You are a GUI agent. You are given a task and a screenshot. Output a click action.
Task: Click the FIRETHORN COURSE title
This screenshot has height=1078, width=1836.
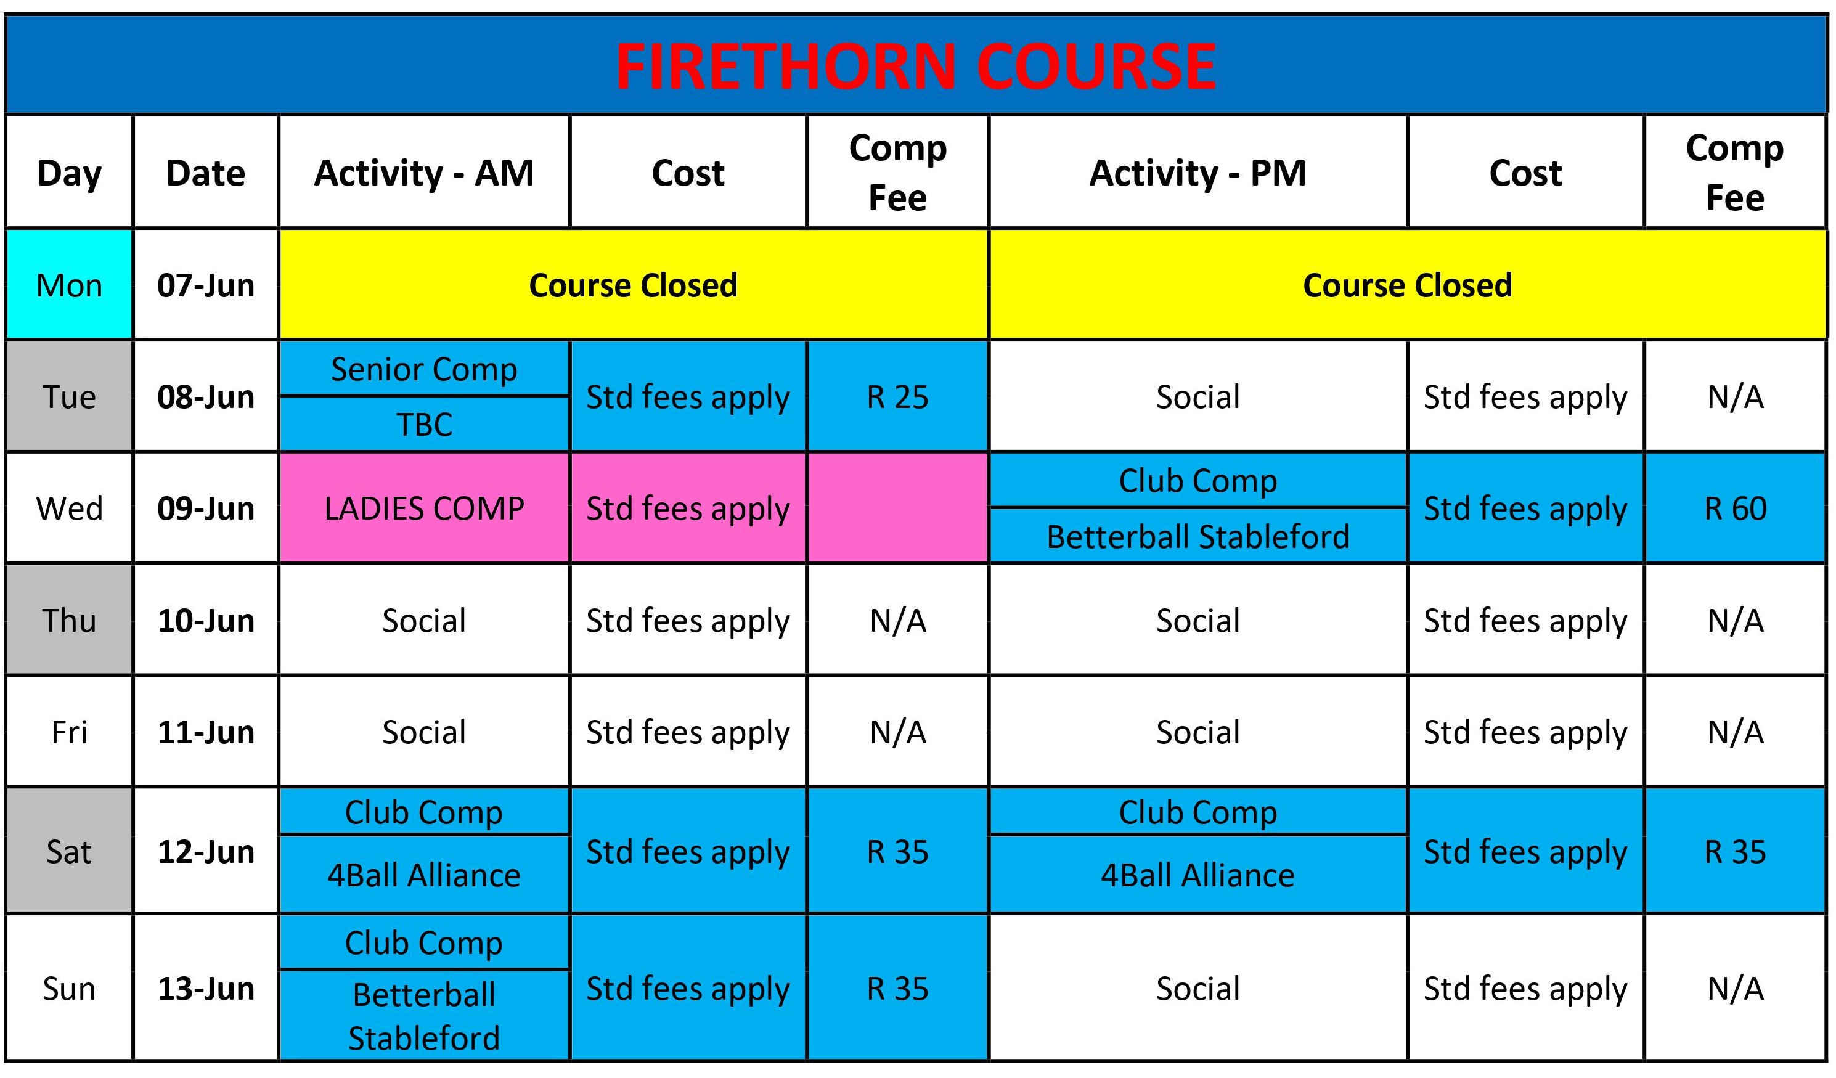pyautogui.click(x=916, y=67)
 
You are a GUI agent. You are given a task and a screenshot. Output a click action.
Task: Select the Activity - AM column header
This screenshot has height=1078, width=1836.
pyautogui.click(x=424, y=173)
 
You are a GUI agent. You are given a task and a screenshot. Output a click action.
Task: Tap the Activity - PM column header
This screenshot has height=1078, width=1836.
pyautogui.click(x=1197, y=173)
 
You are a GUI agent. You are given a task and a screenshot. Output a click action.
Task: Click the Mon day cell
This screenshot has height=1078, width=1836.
pyautogui.click(x=69, y=285)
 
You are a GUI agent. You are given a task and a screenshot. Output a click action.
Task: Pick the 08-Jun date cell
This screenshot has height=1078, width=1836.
pyautogui.click(x=206, y=397)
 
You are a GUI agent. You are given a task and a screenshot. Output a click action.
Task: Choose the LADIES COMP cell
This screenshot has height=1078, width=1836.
pyautogui.click(x=424, y=508)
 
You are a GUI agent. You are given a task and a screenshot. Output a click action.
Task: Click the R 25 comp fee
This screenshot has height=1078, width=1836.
pyautogui.click(x=897, y=397)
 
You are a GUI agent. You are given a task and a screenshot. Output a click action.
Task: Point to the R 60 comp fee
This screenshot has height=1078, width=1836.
pyautogui.click(x=1735, y=508)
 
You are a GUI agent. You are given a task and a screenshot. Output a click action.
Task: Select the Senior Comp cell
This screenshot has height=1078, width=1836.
pyautogui.click(x=424, y=369)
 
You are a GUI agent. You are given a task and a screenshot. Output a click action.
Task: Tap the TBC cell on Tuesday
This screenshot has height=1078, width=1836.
pyautogui.click(x=424, y=424)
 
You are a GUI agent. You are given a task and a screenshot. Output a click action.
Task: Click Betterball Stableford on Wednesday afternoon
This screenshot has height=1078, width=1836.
pyautogui.click(x=1197, y=536)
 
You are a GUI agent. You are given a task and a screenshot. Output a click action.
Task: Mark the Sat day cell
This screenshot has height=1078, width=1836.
pyautogui.click(x=69, y=851)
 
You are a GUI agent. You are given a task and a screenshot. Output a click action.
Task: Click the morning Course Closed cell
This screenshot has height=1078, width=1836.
pyautogui.click(x=633, y=285)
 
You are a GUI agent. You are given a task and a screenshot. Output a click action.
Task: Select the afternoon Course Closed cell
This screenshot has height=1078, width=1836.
pyautogui.click(x=1408, y=285)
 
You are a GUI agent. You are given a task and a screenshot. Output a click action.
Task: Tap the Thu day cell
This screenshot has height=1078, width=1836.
pyautogui.click(x=69, y=621)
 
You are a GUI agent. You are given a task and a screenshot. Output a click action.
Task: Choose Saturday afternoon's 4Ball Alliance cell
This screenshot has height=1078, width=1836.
pyautogui.click(x=1197, y=874)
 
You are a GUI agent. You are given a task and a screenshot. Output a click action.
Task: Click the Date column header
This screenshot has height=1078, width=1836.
pyautogui.click(x=206, y=173)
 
